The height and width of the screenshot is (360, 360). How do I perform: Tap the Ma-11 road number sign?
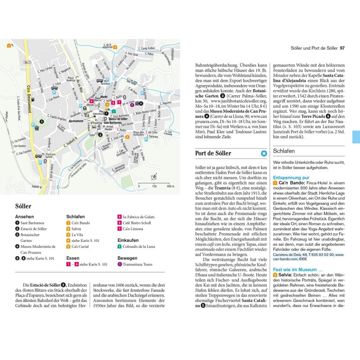pyautogui.click(x=27, y=62)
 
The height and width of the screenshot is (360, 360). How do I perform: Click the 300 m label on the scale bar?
pyautogui.click(x=171, y=186)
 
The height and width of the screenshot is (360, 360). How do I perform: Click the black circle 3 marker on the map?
pyautogui.click(x=41, y=122)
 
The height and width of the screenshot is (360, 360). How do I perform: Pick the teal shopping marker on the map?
pyautogui.click(x=114, y=111)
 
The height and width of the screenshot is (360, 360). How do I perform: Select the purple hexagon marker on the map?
pyautogui.click(x=132, y=104)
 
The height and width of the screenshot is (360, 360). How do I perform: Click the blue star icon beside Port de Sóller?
pyautogui.click(x=264, y=153)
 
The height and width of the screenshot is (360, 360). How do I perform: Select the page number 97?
pyautogui.click(x=342, y=48)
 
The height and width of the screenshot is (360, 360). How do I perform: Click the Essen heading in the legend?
pyautogui.click(x=73, y=258)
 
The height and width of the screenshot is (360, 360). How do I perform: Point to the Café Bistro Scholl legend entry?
pyautogui.click(x=137, y=223)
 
